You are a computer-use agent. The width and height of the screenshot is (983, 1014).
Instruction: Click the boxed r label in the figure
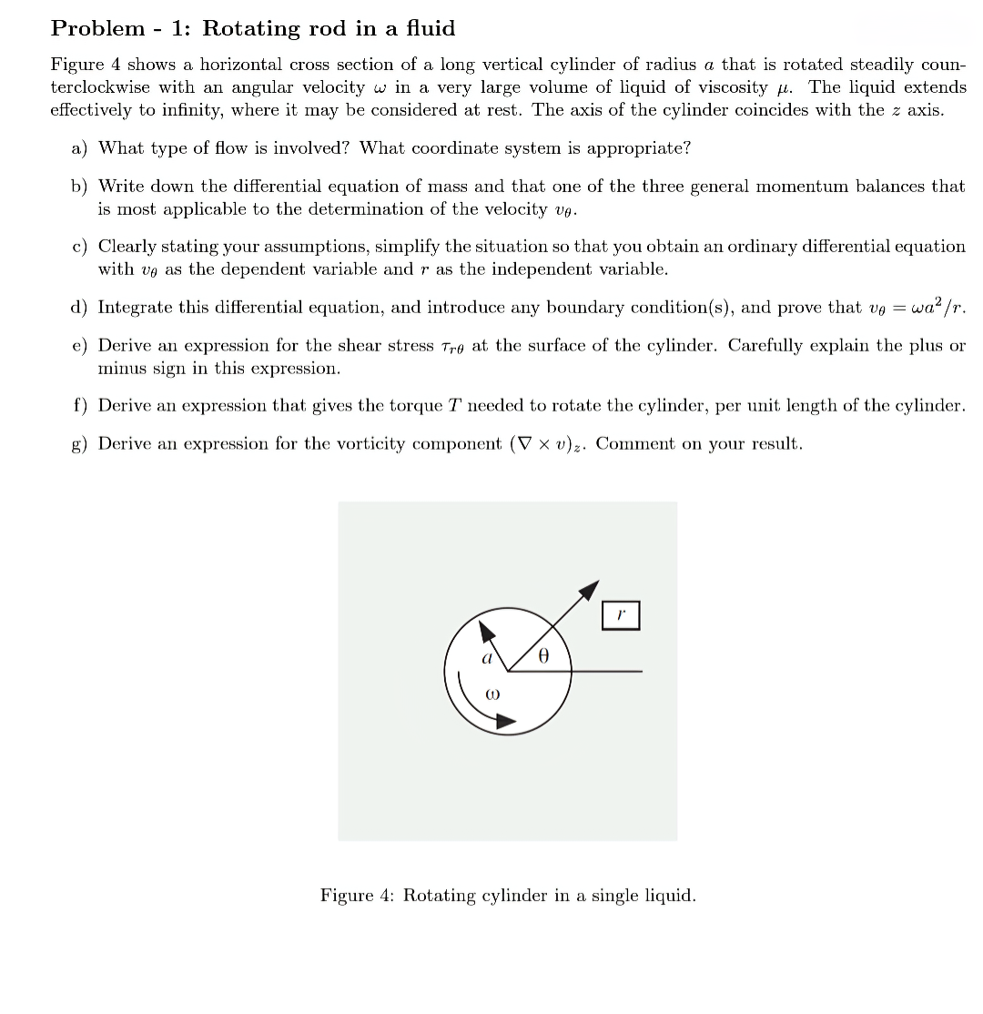[621, 615]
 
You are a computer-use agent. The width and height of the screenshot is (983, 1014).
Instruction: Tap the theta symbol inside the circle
[542, 654]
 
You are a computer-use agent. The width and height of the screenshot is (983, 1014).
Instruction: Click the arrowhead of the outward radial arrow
[592, 587]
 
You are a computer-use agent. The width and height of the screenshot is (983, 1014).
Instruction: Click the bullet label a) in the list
[80, 147]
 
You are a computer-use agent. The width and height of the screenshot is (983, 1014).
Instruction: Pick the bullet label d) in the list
[80, 307]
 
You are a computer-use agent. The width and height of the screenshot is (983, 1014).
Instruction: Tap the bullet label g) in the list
[80, 444]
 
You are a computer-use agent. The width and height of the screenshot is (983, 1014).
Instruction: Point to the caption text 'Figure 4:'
[358, 896]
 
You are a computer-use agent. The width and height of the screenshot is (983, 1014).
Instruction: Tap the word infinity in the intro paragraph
[189, 110]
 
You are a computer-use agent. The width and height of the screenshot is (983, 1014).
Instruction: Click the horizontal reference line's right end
[641, 672]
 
